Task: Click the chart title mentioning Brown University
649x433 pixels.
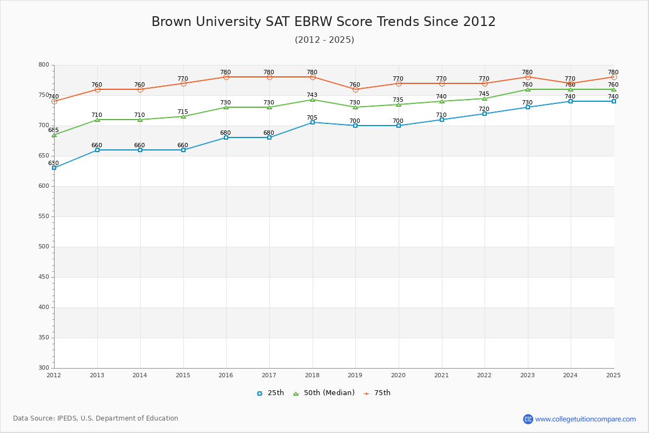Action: click(323, 22)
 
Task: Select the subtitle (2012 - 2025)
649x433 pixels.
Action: click(324, 40)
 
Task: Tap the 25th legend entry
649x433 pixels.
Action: click(270, 393)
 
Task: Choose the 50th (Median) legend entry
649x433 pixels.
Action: click(324, 393)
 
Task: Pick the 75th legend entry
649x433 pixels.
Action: click(377, 393)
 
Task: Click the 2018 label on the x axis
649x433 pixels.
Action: click(312, 375)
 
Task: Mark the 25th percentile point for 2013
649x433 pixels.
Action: click(97, 150)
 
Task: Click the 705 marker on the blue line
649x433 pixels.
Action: click(313, 122)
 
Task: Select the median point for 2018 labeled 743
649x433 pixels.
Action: click(313, 100)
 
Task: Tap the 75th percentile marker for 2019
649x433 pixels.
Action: click(355, 89)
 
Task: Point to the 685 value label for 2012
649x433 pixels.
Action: click(53, 130)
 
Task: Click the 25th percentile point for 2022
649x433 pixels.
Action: click(485, 114)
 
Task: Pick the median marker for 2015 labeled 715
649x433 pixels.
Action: click(183, 116)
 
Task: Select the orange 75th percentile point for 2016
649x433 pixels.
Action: click(226, 77)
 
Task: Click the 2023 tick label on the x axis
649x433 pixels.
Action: click(527, 375)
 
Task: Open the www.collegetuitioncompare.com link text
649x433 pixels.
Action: click(585, 419)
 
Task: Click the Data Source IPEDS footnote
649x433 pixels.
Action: click(96, 418)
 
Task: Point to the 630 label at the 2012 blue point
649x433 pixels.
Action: click(53, 163)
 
